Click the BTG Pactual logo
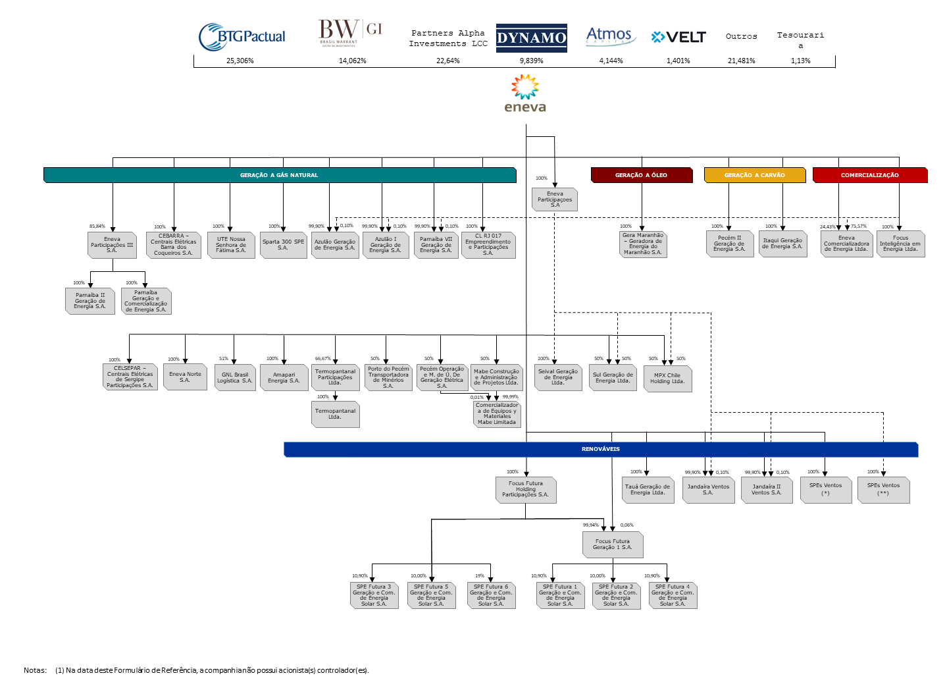tap(242, 37)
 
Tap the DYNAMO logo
tap(531, 38)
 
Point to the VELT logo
tap(678, 37)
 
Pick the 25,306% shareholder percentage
tap(240, 61)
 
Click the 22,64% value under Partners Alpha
tap(447, 61)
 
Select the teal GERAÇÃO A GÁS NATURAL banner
tap(279, 175)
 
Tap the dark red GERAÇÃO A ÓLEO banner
tap(641, 175)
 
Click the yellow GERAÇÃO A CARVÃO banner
tap(754, 175)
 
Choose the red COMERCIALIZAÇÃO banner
tap(869, 175)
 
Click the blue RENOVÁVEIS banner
tap(600, 449)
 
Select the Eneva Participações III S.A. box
tap(112, 245)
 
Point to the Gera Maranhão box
tap(643, 244)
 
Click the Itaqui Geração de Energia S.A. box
tap(782, 244)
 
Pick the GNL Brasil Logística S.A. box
tap(235, 378)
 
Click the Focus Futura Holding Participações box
tap(525, 489)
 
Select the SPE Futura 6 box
tap(491, 595)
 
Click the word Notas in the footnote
tap(35, 670)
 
